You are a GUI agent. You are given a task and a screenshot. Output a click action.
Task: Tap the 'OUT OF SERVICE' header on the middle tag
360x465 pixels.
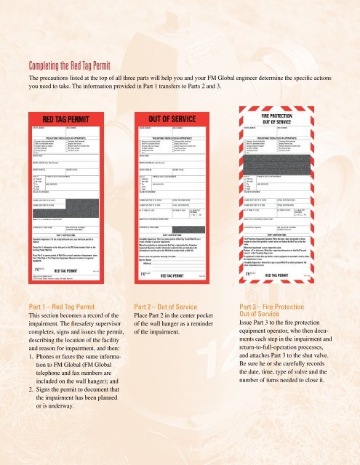pyautogui.click(x=170, y=120)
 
